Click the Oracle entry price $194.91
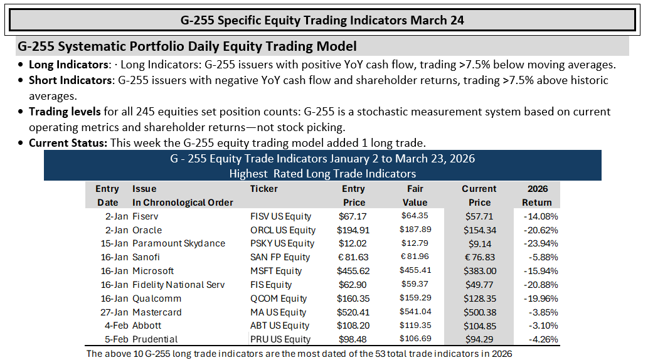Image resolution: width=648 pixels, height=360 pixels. [353, 230]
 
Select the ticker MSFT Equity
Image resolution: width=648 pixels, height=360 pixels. [275, 271]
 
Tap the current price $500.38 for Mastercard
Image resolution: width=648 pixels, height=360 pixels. [480, 312]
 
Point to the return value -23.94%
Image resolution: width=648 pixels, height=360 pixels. [541, 243]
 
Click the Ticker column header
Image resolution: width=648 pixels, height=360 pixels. [263, 189]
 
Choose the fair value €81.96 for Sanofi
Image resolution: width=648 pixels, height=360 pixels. [415, 257]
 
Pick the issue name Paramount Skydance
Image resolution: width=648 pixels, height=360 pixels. [179, 243]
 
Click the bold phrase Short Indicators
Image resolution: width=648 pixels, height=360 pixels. [70, 80]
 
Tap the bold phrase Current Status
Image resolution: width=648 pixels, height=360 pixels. [68, 143]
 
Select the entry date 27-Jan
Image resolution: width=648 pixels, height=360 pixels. [114, 312]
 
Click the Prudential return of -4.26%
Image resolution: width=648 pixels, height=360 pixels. [543, 339]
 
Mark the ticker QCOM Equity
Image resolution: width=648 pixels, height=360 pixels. [278, 299]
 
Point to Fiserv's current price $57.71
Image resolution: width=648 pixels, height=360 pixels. [479, 216]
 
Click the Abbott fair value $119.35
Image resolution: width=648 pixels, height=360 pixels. [415, 326]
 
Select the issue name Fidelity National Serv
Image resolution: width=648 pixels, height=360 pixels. [179, 285]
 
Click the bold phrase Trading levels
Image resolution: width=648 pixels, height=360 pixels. [65, 112]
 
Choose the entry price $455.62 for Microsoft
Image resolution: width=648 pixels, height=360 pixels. [353, 271]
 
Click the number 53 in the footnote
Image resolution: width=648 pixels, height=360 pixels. [380, 354]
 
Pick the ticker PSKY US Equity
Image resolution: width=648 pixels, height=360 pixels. [282, 243]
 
